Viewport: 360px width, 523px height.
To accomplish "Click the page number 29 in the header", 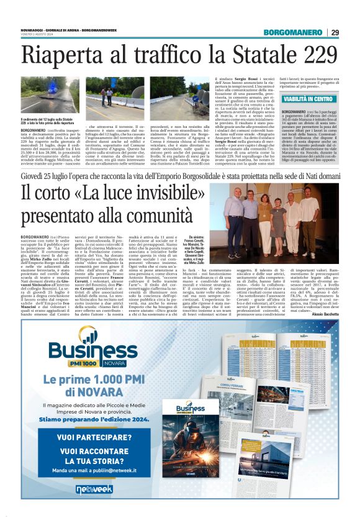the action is point(335,32).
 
